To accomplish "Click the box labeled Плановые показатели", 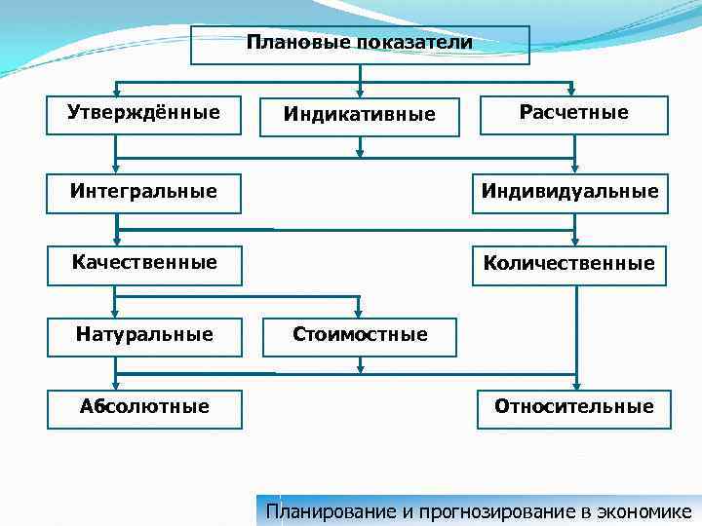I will coord(360,45).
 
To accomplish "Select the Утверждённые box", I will coord(143,113).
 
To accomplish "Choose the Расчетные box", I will coord(574,114).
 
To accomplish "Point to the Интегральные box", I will coord(144,191).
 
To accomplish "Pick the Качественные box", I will coord(144,264).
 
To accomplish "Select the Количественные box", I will coord(568,264).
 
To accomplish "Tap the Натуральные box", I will coord(144,335).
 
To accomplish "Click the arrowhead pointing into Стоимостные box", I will coord(361,314).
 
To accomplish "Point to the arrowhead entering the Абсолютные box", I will coord(116,382).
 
